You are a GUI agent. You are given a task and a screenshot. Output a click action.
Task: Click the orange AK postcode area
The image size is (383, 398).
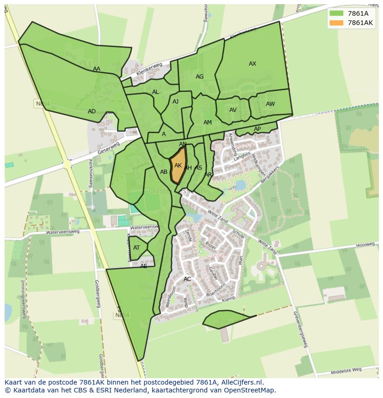coord(178,166)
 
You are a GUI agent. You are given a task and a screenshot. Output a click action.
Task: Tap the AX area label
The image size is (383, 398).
coord(253,64)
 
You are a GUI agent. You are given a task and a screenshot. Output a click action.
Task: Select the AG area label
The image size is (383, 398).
coord(199,77)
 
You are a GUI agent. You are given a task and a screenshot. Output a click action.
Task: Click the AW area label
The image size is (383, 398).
coord(270,104)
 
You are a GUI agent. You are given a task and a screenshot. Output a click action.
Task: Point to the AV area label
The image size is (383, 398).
coord(233,110)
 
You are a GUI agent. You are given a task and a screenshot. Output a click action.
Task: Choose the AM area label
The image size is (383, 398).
coord(208,122)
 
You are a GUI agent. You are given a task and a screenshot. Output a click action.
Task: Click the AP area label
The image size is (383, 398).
coord(257,129)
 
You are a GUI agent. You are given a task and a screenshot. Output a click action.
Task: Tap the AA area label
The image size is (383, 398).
coord(96,69)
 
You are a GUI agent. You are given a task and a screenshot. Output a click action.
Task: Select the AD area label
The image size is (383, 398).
coord(92,111)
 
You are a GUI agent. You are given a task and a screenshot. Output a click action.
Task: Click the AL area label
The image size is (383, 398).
coord(155,92)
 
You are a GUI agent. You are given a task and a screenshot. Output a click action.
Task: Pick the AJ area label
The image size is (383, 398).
coord(175,102)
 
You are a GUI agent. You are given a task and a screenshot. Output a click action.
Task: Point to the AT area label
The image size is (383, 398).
coord(136,248)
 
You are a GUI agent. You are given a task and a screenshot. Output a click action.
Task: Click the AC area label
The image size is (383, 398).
coord(187,279)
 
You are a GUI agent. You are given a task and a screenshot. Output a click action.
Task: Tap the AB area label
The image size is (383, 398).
coord(164,172)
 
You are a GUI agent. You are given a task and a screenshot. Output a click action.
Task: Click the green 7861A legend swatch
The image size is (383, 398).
coord(336,13)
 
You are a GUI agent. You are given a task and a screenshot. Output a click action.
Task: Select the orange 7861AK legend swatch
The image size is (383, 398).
coord(336,23)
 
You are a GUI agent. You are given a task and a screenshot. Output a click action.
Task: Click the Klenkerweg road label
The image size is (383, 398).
coord(149,71)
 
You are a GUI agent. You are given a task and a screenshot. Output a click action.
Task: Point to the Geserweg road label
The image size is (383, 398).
coord(109,148)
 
